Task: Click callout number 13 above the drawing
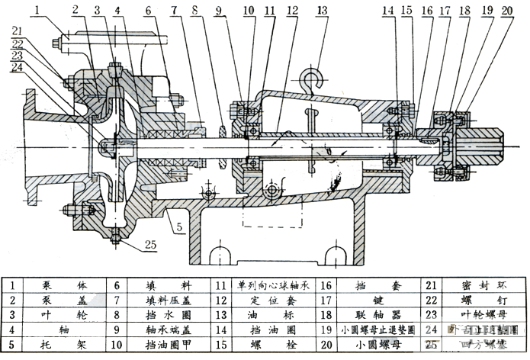(x=323, y=10)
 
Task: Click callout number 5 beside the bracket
(x=178, y=227)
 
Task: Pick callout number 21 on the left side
(x=17, y=30)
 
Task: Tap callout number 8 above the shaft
(x=196, y=10)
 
